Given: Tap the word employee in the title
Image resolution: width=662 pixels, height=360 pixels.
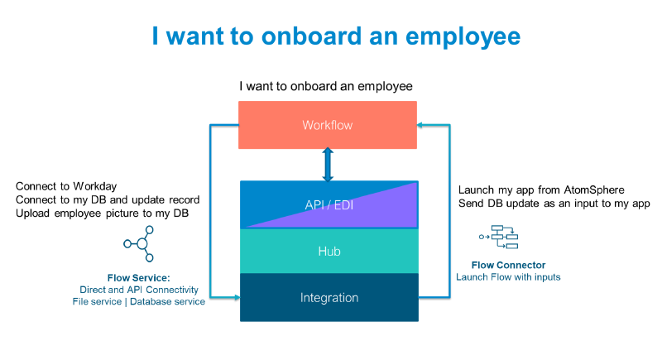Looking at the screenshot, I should [467, 38].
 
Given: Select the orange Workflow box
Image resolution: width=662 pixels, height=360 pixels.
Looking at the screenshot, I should [273, 125].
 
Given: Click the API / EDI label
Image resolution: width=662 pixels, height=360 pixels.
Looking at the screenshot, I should [328, 205].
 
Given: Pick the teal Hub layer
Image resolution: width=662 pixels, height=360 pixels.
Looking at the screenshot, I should [329, 252].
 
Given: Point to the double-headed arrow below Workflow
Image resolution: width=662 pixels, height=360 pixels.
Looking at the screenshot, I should [328, 166].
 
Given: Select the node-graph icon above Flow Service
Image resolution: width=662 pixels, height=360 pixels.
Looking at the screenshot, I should [139, 244].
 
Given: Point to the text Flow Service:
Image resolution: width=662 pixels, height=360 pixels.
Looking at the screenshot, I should [138, 277].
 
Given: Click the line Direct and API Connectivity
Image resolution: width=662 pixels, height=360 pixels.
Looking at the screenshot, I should [138, 290].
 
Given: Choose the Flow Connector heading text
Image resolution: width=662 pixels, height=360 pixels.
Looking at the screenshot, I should [508, 265].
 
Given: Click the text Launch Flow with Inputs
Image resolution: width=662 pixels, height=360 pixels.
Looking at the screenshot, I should [508, 277].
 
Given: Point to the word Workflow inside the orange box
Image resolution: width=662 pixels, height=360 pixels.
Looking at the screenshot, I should [328, 125].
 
